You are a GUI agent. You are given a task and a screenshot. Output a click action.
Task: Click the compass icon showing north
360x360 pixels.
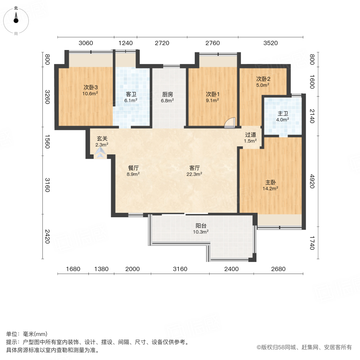(x=16, y=20)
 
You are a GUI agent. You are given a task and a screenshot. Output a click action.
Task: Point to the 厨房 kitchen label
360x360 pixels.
(x=168, y=94)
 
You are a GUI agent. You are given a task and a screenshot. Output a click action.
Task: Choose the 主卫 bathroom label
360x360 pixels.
(x=283, y=113)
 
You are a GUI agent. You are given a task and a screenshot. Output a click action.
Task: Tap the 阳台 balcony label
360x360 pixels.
(x=201, y=225)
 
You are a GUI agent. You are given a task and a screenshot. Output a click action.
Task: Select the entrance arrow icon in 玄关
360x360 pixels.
(x=100, y=152)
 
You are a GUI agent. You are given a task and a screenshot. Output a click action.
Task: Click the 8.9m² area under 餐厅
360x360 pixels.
(x=133, y=174)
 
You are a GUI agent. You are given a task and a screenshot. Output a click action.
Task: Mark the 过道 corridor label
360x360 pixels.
(x=251, y=135)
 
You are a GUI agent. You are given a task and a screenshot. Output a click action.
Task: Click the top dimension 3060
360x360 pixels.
(x=86, y=43)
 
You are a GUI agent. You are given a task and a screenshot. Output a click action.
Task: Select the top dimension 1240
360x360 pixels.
(x=125, y=43)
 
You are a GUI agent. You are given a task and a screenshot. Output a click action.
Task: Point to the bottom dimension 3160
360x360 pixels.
(x=180, y=269)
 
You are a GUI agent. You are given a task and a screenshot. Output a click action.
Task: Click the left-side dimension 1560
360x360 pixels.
(x=47, y=141)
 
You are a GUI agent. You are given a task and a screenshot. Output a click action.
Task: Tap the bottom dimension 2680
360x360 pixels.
(x=278, y=269)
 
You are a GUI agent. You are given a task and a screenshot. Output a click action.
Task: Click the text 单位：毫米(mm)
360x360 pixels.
(x=27, y=334)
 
